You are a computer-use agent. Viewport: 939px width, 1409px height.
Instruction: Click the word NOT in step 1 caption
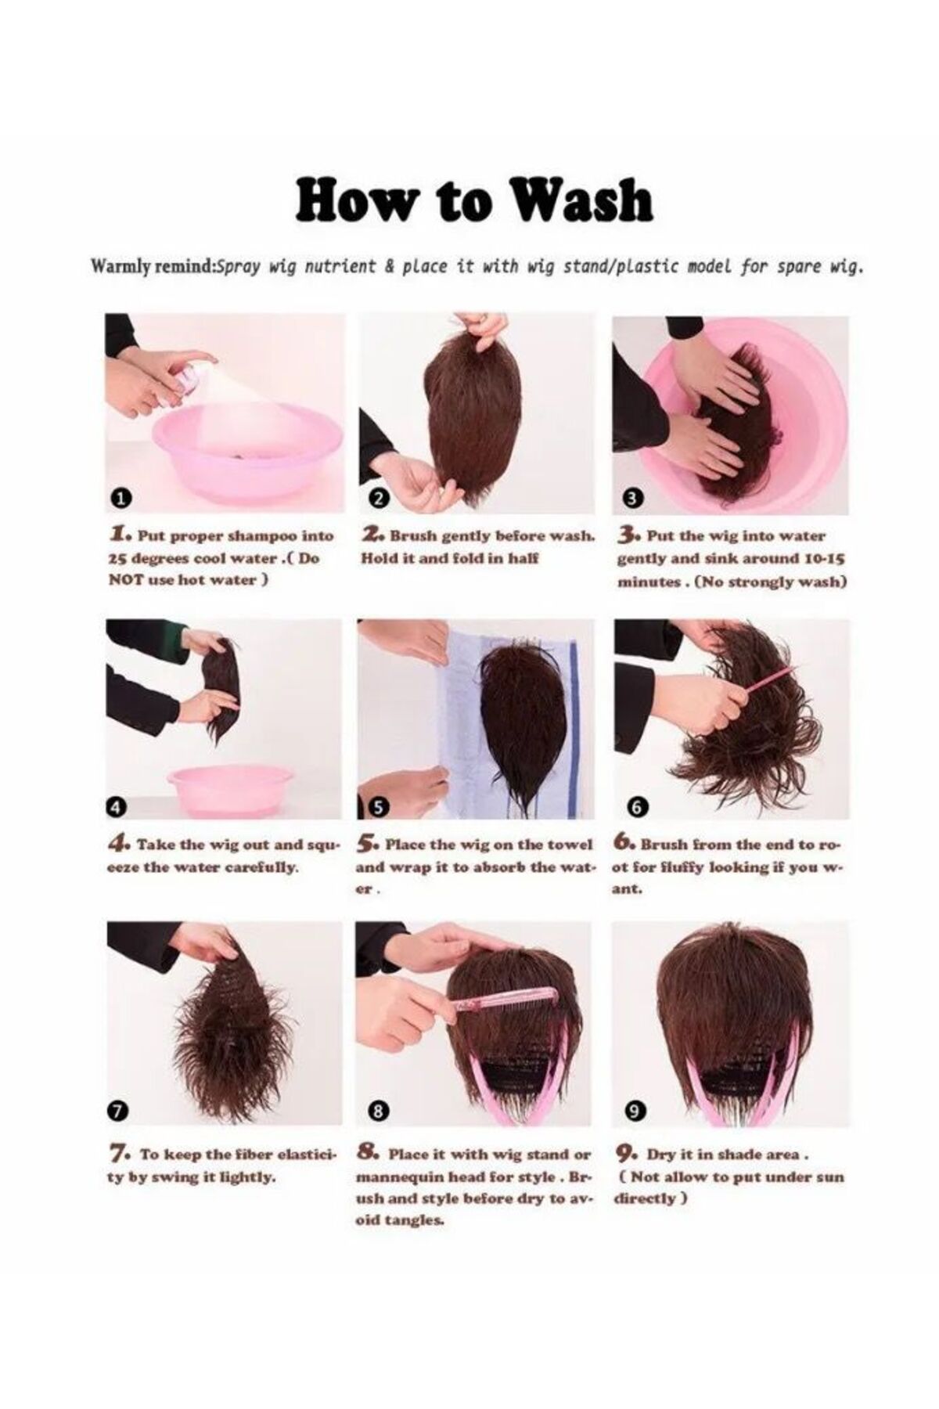coord(126,580)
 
